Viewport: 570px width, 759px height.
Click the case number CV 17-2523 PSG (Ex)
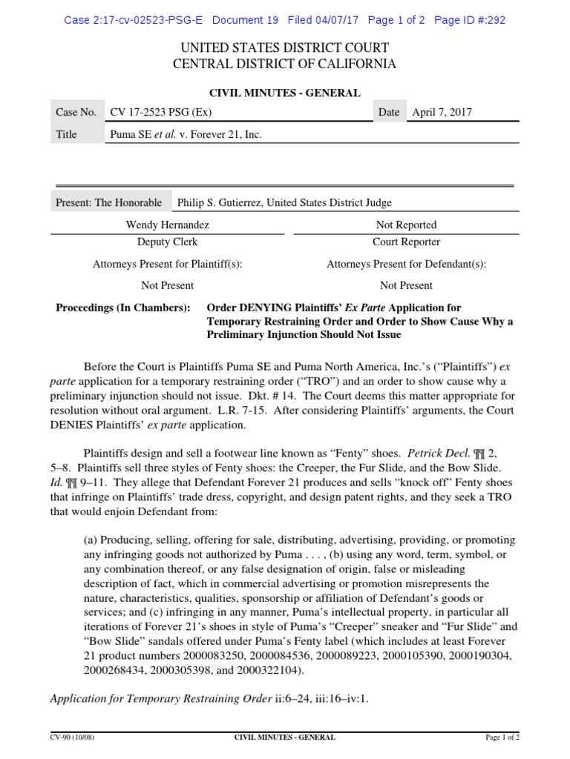point(160,113)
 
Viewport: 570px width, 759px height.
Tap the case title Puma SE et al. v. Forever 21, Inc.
point(186,135)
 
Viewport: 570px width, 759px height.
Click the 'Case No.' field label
point(76,113)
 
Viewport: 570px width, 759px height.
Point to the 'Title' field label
point(67,135)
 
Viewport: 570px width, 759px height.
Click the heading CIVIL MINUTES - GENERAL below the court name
point(284,93)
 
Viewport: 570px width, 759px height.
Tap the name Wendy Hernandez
point(167,225)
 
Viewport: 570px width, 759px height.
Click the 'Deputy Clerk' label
point(167,242)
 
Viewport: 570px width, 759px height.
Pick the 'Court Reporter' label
point(406,242)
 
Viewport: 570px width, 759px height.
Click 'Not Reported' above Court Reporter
point(406,225)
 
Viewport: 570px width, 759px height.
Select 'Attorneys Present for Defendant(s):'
point(406,264)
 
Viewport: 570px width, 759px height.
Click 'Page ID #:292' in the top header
point(469,20)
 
